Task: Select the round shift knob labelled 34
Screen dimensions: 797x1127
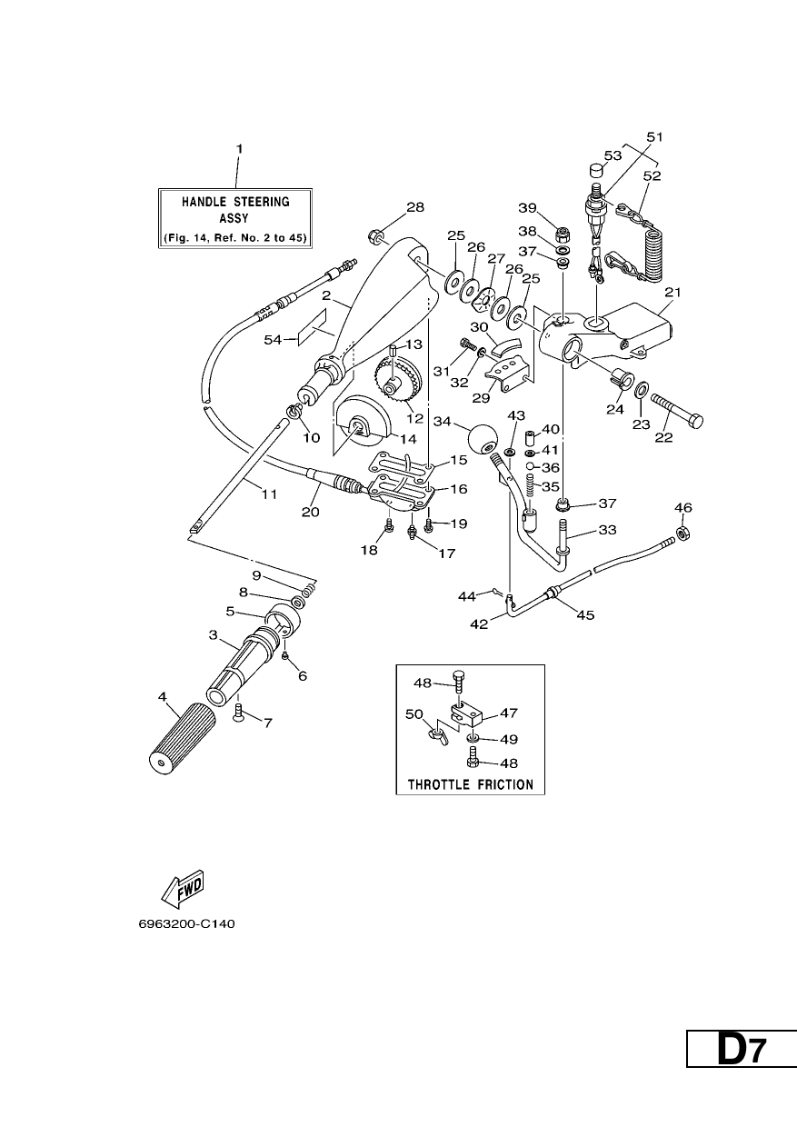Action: click(x=482, y=438)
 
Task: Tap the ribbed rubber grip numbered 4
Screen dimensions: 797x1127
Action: click(x=182, y=741)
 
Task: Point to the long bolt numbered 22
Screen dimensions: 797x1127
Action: click(x=677, y=411)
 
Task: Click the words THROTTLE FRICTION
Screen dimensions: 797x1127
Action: click(x=471, y=784)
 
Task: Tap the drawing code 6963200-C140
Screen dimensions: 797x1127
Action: click(x=186, y=924)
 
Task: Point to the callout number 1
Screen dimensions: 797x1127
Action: click(x=240, y=149)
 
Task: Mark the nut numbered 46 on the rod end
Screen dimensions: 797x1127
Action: click(x=682, y=532)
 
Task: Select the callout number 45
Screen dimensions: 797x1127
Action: click(x=585, y=614)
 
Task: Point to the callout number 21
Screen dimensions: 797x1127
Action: click(x=672, y=293)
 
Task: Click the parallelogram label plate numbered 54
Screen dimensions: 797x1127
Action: click(x=312, y=327)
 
